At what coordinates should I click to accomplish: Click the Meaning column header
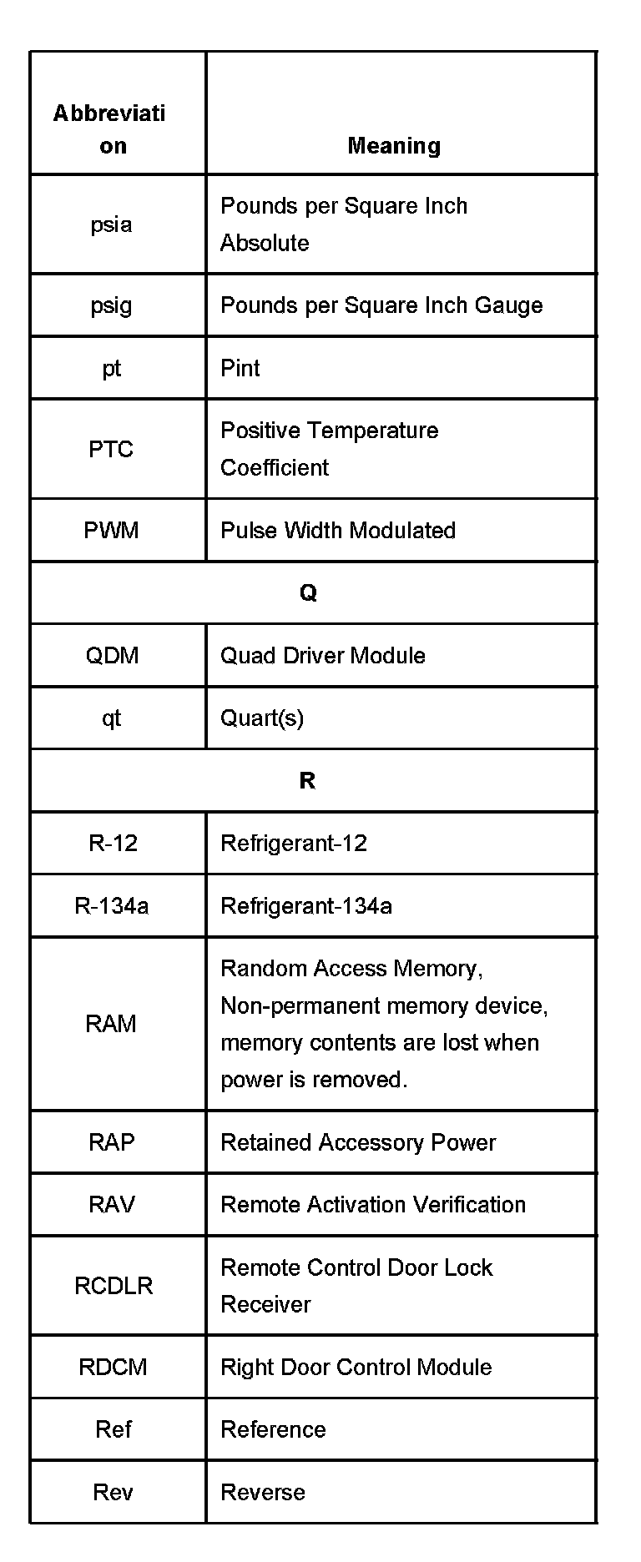[394, 146]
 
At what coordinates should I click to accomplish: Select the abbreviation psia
[111, 224]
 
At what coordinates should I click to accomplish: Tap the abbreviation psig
[111, 305]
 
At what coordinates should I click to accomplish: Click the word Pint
[240, 368]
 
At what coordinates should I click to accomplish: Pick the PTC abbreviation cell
[111, 449]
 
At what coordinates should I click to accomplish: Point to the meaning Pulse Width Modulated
[338, 531]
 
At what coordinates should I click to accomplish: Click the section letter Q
[308, 592]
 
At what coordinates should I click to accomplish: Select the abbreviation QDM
[112, 655]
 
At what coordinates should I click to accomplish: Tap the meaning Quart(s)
[262, 718]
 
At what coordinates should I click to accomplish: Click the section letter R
[307, 780]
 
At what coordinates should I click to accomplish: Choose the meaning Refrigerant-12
[294, 843]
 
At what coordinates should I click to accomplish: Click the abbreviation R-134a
[112, 905]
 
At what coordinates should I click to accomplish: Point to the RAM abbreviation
[111, 1024]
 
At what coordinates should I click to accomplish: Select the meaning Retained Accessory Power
[358, 1142]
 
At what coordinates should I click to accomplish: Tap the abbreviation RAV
[112, 1204]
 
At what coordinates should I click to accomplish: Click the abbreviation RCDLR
[114, 1285]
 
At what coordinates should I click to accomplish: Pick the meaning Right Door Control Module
[356, 1367]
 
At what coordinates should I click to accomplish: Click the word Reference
[273, 1429]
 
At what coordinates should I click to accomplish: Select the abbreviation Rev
[113, 1492]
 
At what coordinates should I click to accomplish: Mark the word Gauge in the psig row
[509, 305]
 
